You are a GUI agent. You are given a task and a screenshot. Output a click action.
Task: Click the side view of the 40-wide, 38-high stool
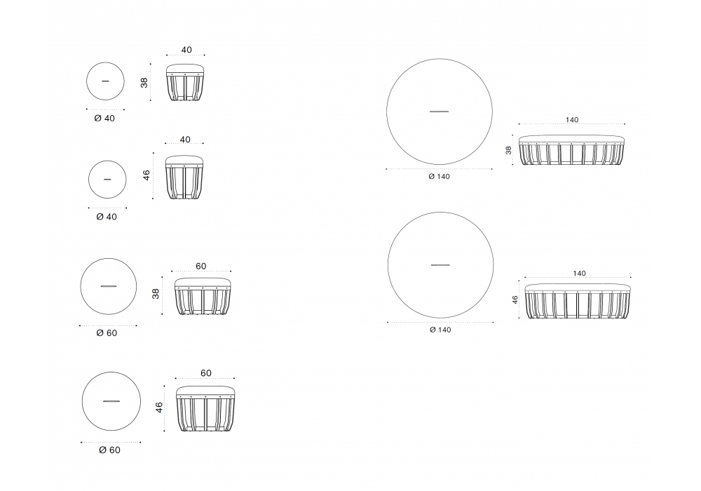point(186,82)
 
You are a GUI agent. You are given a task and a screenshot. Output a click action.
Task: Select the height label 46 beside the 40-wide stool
point(147,175)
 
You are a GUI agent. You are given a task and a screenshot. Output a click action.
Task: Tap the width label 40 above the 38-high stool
point(186,50)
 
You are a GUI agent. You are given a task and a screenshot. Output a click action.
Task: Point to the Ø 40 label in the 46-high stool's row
point(107,217)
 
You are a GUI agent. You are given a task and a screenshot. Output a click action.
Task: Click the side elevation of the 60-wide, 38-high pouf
point(202,295)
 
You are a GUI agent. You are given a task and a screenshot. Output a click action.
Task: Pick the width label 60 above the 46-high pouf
point(205,373)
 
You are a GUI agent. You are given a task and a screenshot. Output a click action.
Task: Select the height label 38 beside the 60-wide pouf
point(156,294)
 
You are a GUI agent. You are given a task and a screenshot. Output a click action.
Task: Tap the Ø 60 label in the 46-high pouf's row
point(109,450)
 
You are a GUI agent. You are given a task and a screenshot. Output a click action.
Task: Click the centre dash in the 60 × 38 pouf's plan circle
point(109,285)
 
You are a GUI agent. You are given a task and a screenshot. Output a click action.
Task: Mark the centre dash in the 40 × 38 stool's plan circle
point(105,81)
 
